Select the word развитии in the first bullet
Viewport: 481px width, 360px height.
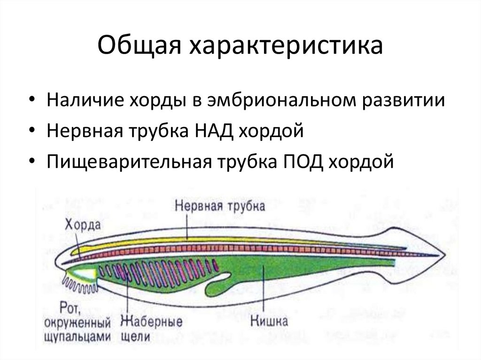[x=404, y=100]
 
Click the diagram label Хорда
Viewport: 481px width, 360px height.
[x=83, y=224]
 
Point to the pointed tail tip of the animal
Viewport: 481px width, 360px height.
[x=442, y=257]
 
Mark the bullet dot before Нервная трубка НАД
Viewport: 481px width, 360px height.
[x=31, y=132]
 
